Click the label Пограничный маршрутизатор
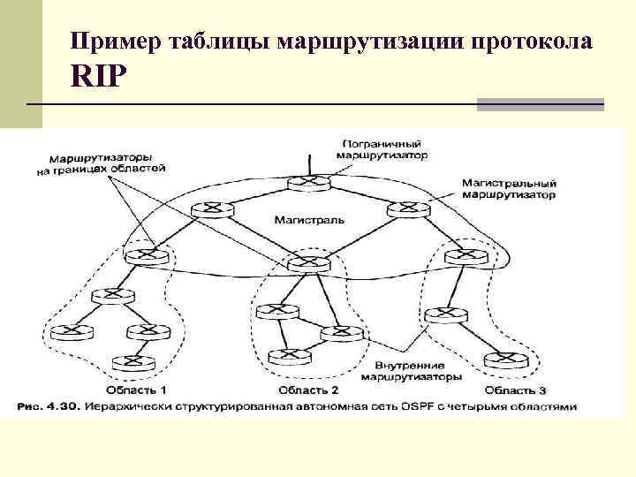click(x=382, y=148)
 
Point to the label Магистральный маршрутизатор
click(x=508, y=188)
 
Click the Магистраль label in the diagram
click(x=309, y=218)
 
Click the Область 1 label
click(x=135, y=389)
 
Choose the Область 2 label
click(x=308, y=389)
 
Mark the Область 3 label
click(x=515, y=389)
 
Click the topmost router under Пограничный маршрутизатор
click(x=309, y=183)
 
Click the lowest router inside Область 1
click(x=132, y=361)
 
